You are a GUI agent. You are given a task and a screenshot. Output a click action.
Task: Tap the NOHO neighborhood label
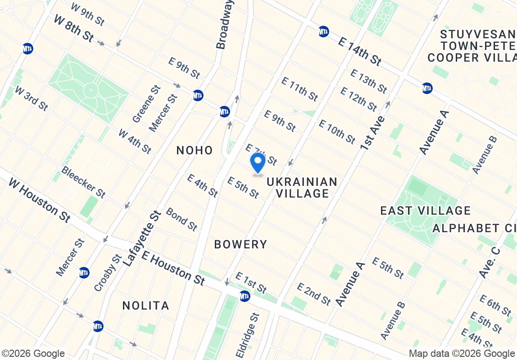point(195,150)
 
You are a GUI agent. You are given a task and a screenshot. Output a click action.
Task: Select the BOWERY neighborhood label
point(240,244)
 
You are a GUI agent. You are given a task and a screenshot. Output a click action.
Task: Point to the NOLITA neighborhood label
point(146,306)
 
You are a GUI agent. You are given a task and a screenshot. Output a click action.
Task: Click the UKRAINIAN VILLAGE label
point(302,188)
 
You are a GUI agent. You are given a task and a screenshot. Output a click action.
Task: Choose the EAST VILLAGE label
point(425,211)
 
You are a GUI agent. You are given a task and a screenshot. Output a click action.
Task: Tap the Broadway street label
point(225,24)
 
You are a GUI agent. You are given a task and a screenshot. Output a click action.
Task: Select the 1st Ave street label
point(372,132)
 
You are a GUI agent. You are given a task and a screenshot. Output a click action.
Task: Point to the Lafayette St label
point(141,239)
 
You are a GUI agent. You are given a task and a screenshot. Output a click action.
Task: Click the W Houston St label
point(40,200)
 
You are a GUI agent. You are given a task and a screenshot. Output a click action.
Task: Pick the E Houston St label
point(173,268)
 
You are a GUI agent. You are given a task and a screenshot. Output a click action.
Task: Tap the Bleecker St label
point(83,182)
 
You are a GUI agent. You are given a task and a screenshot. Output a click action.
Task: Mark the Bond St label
point(181,219)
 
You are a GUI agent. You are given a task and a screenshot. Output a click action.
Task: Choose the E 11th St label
point(299,89)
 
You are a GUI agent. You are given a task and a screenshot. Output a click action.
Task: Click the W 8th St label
point(73,28)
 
